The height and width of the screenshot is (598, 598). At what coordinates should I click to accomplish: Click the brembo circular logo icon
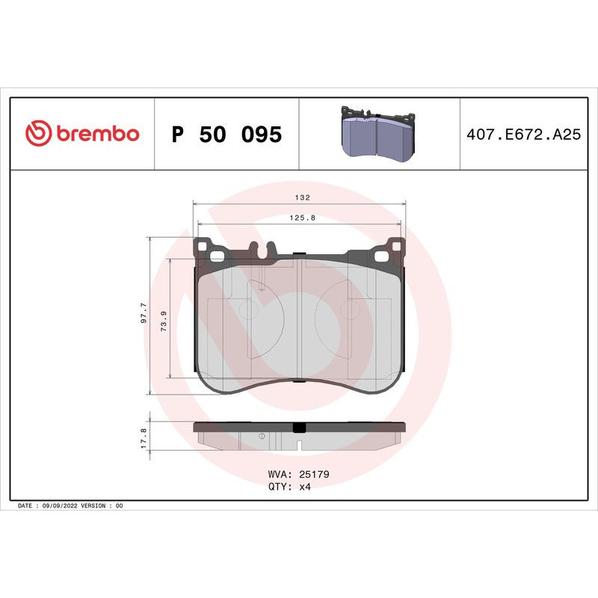pos(38,134)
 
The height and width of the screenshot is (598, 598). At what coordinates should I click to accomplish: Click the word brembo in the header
pos(96,134)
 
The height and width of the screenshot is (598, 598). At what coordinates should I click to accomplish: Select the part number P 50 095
pos(226,135)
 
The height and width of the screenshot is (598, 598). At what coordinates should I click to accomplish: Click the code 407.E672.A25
pos(523,135)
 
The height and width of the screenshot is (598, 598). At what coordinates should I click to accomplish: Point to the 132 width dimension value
pos(300,198)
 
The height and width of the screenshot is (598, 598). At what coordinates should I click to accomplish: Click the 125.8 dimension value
pos(300,218)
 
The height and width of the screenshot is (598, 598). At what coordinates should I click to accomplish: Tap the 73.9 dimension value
pos(164,318)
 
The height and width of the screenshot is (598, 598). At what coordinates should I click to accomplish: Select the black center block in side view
pos(299,428)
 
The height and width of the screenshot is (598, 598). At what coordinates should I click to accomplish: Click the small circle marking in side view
pos(262,436)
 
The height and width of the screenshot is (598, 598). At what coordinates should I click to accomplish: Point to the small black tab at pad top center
pos(299,254)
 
